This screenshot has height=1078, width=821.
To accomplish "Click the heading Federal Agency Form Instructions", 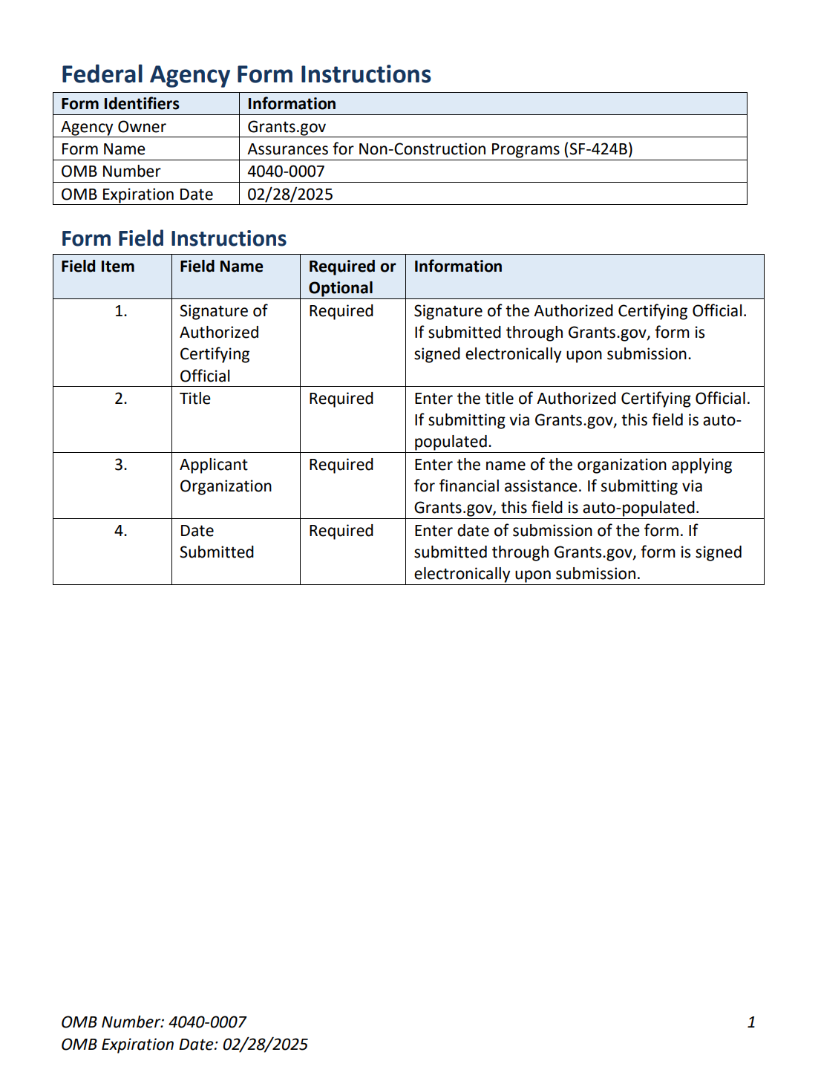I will pos(246,74).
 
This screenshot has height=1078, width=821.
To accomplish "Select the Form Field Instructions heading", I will pos(174,238).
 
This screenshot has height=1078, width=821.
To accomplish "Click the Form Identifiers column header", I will pos(120,104).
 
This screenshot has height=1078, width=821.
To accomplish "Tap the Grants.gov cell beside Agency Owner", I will pos(287,127).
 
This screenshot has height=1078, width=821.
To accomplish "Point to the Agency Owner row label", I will pos(114,127).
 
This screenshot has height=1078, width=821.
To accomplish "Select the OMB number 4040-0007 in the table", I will pos(286,171).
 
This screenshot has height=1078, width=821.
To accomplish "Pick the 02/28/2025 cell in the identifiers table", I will pos(290,195).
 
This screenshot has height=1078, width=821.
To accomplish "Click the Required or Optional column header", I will pos(352,277).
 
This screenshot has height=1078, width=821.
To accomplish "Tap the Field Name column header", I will pos(221,267).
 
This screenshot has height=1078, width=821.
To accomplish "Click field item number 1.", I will pos(121,311).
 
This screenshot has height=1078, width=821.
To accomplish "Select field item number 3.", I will pos(121,465).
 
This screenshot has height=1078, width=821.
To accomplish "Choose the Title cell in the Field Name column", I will pos(195,399).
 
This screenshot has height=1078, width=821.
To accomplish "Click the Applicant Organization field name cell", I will pos(226,476).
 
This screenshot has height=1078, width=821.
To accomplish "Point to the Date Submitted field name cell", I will pos(217,541).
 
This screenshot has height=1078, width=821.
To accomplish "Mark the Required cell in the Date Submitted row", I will pos(341,531).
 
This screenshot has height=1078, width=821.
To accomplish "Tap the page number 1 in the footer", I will pos(751,1022).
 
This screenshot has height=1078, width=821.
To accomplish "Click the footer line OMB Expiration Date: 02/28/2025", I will pos(184,1045).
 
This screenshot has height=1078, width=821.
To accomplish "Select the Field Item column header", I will pos(98,267).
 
